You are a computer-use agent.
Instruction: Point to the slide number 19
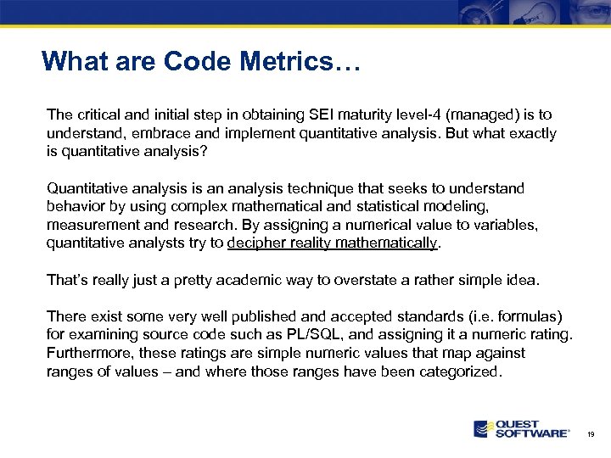point(591,434)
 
